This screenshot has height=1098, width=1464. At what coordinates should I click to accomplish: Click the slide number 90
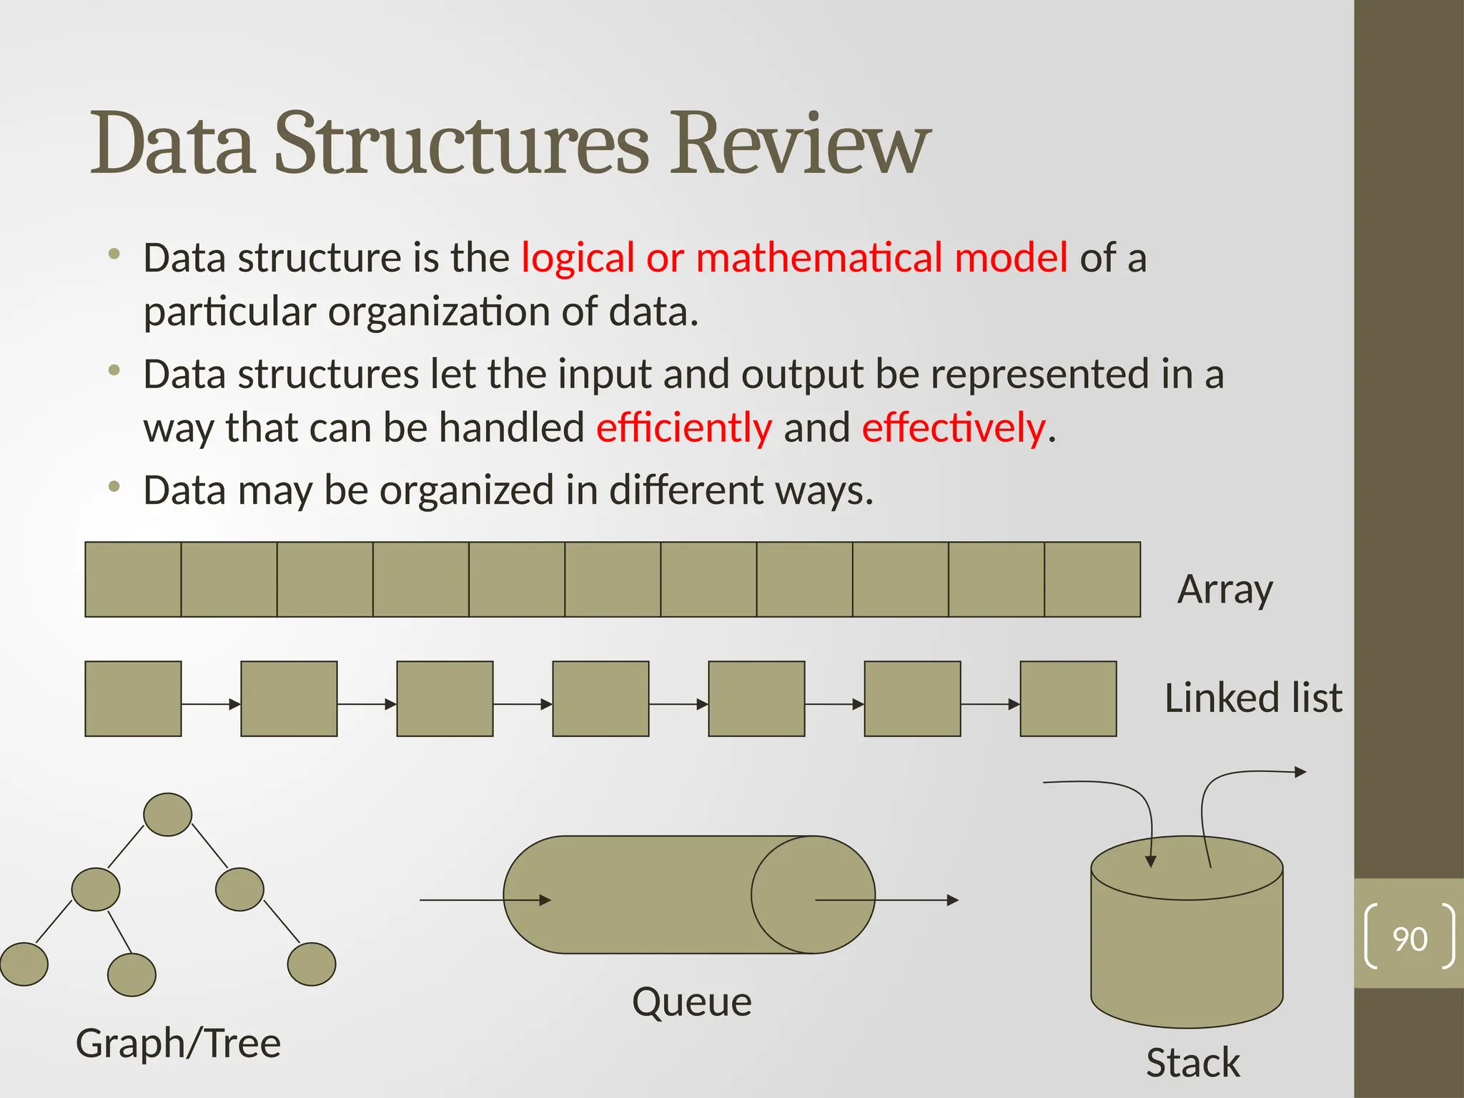[x=1410, y=939]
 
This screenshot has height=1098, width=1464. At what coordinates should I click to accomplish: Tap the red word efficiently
[x=684, y=427]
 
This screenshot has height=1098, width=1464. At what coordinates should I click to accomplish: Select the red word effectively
[x=954, y=427]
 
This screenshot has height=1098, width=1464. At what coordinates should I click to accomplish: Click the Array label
[x=1225, y=590]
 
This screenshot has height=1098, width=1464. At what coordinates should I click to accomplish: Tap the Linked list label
[x=1253, y=698]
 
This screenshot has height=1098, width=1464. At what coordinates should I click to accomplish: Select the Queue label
[x=691, y=1001]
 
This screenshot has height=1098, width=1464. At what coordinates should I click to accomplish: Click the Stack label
[x=1192, y=1062]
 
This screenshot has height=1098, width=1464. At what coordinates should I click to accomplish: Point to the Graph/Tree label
[x=178, y=1043]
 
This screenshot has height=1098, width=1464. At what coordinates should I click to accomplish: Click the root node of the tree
[x=167, y=814]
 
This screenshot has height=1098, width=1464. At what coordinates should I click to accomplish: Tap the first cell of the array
[x=133, y=579]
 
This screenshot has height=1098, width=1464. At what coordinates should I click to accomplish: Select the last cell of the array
[x=1092, y=579]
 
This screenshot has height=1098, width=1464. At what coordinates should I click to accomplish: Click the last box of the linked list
[x=1068, y=698]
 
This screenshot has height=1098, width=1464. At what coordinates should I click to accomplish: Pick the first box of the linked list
[x=133, y=698]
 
